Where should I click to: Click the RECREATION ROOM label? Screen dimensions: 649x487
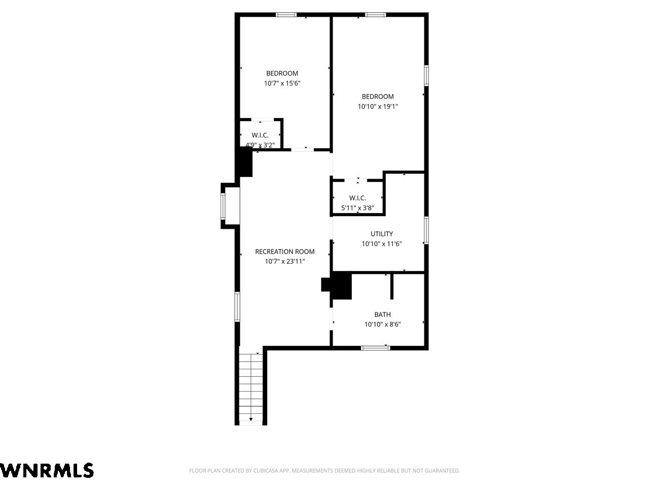click(x=284, y=252)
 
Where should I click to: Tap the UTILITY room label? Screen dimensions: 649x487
click(x=382, y=234)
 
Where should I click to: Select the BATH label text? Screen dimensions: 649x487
click(x=382, y=315)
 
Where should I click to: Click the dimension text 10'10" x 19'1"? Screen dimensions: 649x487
click(x=378, y=107)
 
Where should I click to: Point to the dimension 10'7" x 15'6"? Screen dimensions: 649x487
click(x=282, y=83)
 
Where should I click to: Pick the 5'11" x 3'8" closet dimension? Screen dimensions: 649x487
click(x=357, y=208)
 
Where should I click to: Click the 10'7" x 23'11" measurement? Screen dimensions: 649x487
click(x=285, y=261)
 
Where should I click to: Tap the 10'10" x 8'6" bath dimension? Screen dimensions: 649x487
click(x=382, y=324)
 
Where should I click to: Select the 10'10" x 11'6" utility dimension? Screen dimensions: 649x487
click(x=382, y=244)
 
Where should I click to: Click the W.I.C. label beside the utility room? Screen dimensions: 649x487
click(x=357, y=198)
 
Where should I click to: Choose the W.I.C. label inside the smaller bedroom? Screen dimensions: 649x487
click(x=260, y=135)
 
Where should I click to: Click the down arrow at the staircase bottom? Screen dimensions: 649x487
click(x=251, y=420)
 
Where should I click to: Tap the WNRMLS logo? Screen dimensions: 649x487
click(x=47, y=470)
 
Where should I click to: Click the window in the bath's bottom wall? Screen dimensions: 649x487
click(x=375, y=348)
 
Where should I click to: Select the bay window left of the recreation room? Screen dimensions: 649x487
click(x=223, y=206)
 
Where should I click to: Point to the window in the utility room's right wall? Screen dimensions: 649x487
click(x=426, y=231)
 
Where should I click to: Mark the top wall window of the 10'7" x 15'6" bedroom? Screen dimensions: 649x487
click(x=286, y=15)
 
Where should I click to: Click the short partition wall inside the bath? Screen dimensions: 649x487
click(x=392, y=287)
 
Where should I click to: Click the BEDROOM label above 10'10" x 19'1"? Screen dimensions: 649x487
click(x=378, y=97)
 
